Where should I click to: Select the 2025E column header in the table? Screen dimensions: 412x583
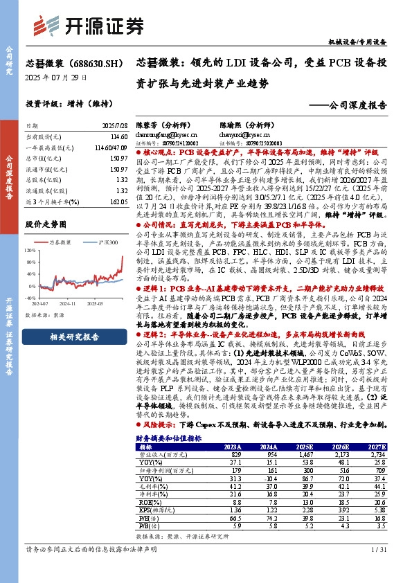pos(305,448)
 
